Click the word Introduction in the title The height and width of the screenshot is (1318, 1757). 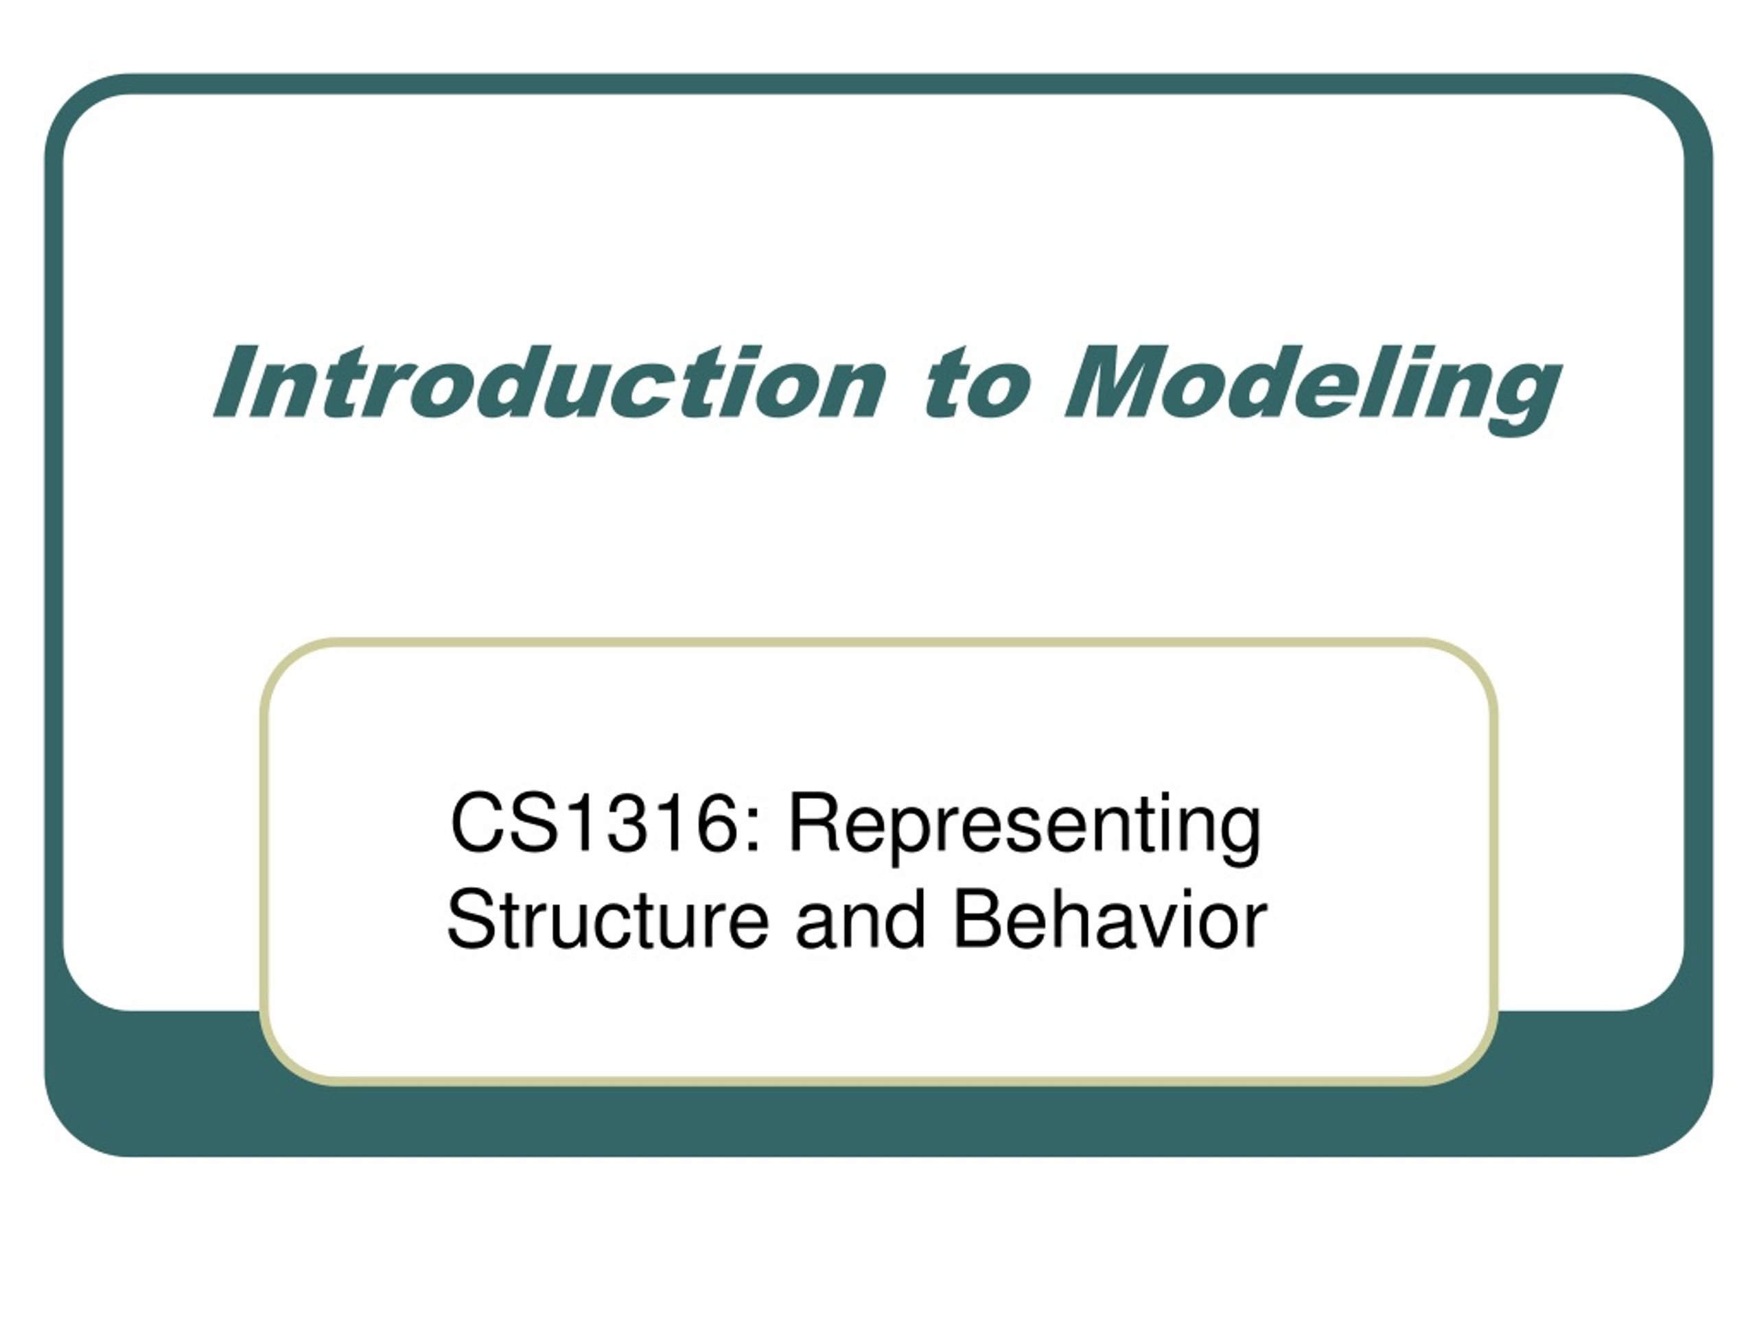549,383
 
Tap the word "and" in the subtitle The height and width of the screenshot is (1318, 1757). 861,921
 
